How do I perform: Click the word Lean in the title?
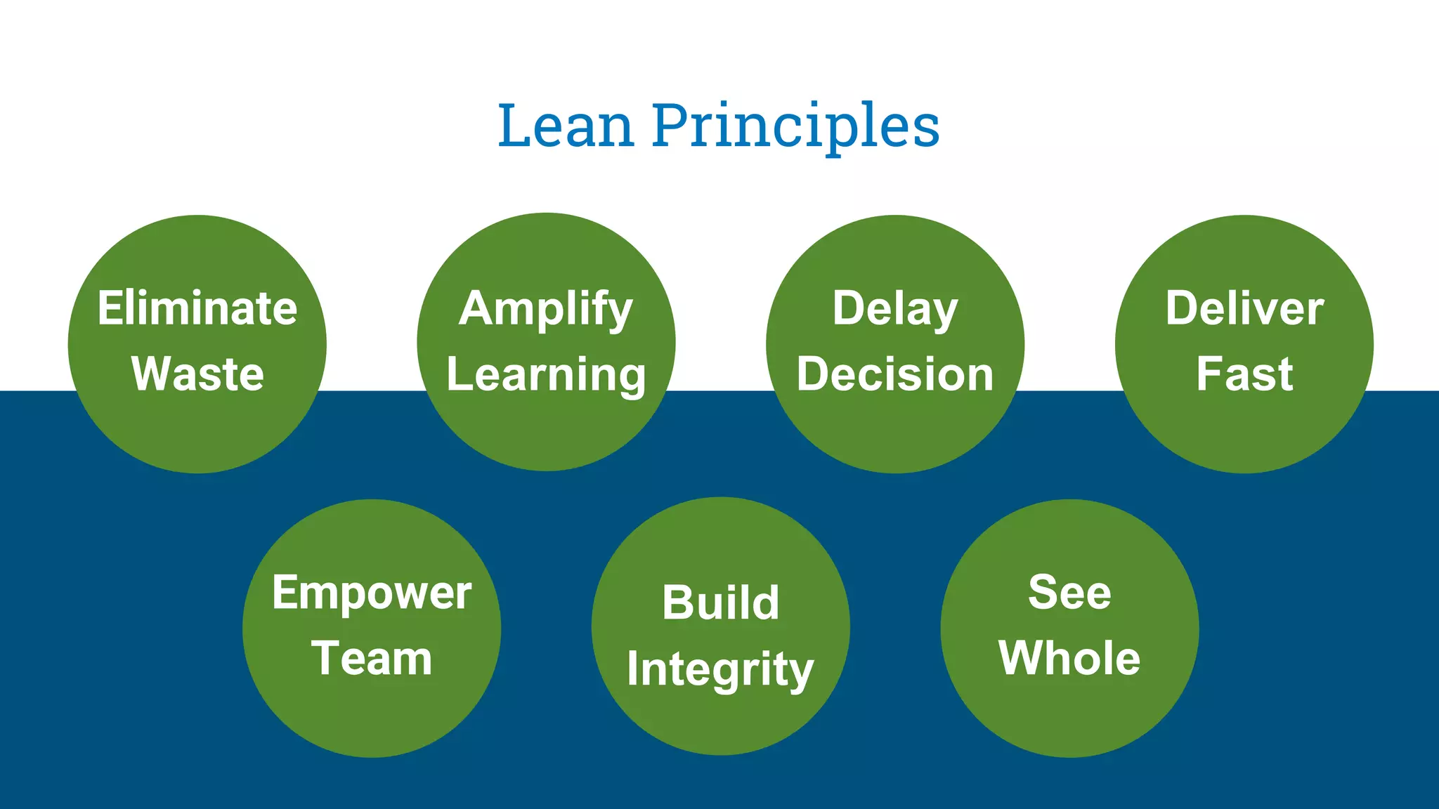(x=566, y=126)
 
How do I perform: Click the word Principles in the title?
(x=795, y=128)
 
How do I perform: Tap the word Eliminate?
(x=197, y=308)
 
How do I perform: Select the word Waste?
(x=197, y=374)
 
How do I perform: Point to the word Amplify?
(x=546, y=310)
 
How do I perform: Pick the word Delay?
(x=895, y=310)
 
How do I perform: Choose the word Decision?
(x=895, y=374)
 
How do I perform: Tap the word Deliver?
(x=1244, y=308)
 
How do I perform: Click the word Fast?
(x=1244, y=374)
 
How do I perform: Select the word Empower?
(x=372, y=594)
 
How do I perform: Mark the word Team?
(x=372, y=659)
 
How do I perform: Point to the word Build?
(x=721, y=603)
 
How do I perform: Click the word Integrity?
(x=721, y=669)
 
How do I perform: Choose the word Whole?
(x=1069, y=658)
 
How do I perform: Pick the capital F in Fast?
(x=1208, y=374)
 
